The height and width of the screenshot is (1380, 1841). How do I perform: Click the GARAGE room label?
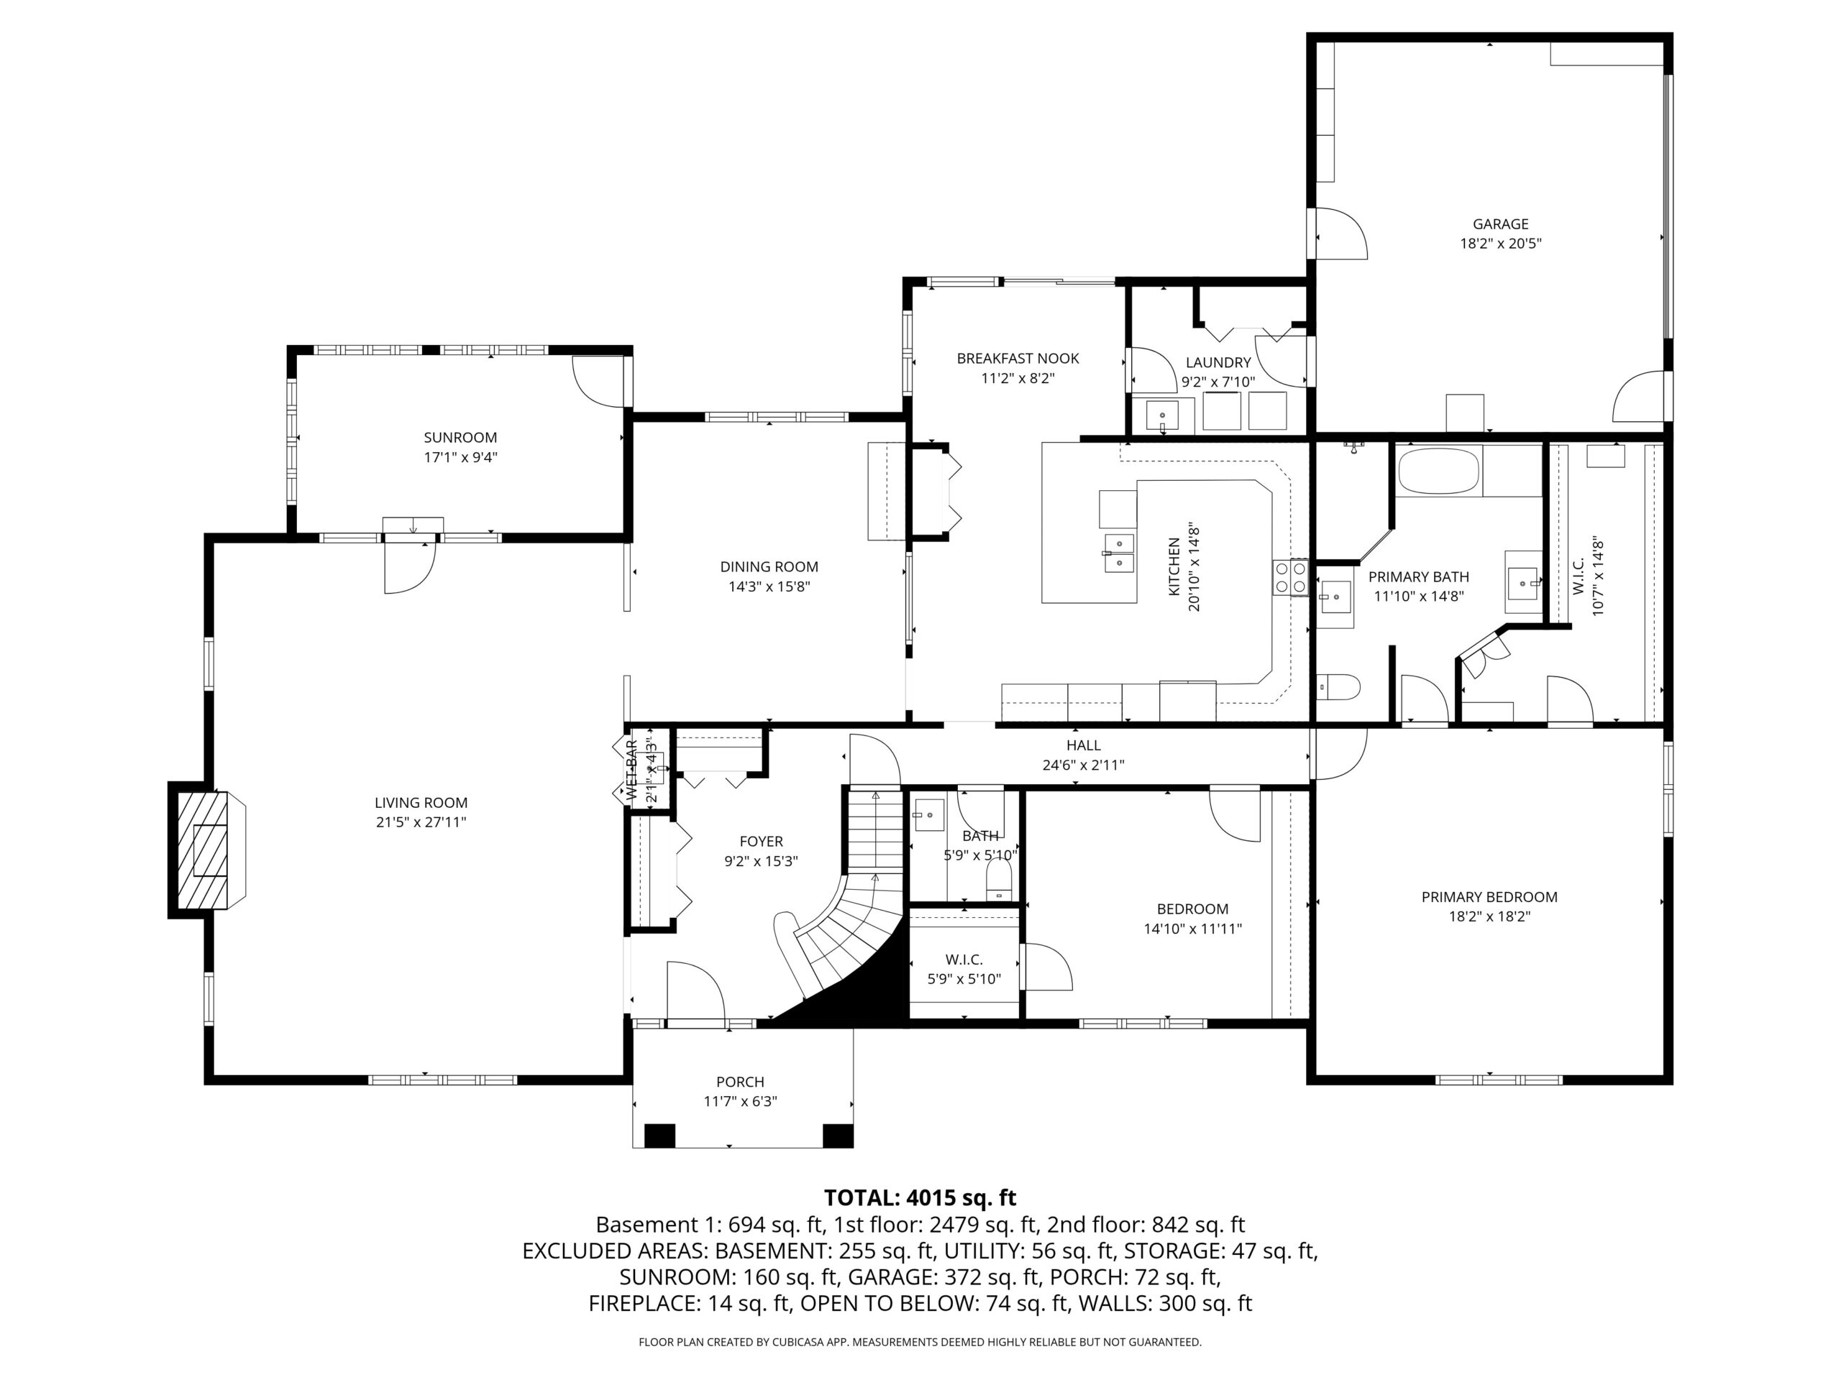[x=1501, y=224]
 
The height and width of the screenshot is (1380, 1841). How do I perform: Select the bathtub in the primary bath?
[x=1438, y=471]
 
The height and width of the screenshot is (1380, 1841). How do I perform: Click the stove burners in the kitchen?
[x=1290, y=577]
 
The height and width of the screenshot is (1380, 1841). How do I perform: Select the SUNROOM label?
[x=460, y=438]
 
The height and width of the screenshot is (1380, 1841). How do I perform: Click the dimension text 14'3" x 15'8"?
[x=769, y=586]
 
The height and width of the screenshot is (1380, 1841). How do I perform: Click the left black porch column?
[x=660, y=1136]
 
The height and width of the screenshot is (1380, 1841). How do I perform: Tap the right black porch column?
[x=837, y=1136]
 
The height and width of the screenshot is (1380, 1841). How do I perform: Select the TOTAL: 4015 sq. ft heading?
[x=920, y=1198]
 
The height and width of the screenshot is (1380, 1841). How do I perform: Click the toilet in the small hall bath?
[x=999, y=879]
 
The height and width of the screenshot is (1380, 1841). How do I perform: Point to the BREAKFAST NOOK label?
[x=1018, y=359]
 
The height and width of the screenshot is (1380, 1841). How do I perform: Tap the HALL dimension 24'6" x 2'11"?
[x=1083, y=765]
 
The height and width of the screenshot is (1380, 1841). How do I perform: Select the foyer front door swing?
[x=696, y=989]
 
